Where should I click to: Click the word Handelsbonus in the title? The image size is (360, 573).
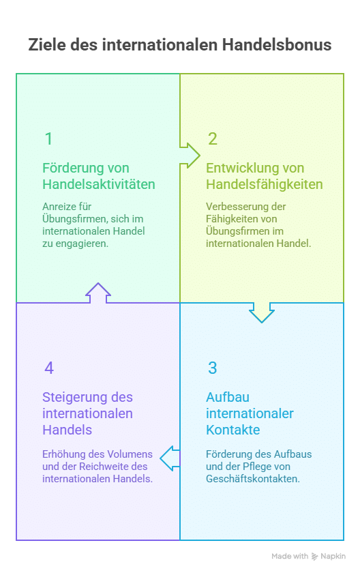276,45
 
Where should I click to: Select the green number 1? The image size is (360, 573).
48,139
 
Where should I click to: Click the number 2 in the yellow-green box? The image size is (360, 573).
213,139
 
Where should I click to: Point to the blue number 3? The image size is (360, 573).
213,368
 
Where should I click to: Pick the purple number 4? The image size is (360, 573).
49,368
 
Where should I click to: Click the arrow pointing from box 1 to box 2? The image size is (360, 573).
190,156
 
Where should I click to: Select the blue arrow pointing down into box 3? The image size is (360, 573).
262,312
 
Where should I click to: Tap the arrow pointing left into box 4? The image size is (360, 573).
170,458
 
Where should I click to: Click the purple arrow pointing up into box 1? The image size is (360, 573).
98,293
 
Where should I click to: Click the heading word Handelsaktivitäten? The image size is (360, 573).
99,184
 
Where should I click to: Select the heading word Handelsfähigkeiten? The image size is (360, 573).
265,184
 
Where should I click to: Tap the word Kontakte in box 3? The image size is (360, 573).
233,430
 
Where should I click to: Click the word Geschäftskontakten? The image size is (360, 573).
253,479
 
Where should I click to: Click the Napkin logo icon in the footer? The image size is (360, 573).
315,557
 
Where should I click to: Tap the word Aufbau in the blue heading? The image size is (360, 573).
228,397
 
